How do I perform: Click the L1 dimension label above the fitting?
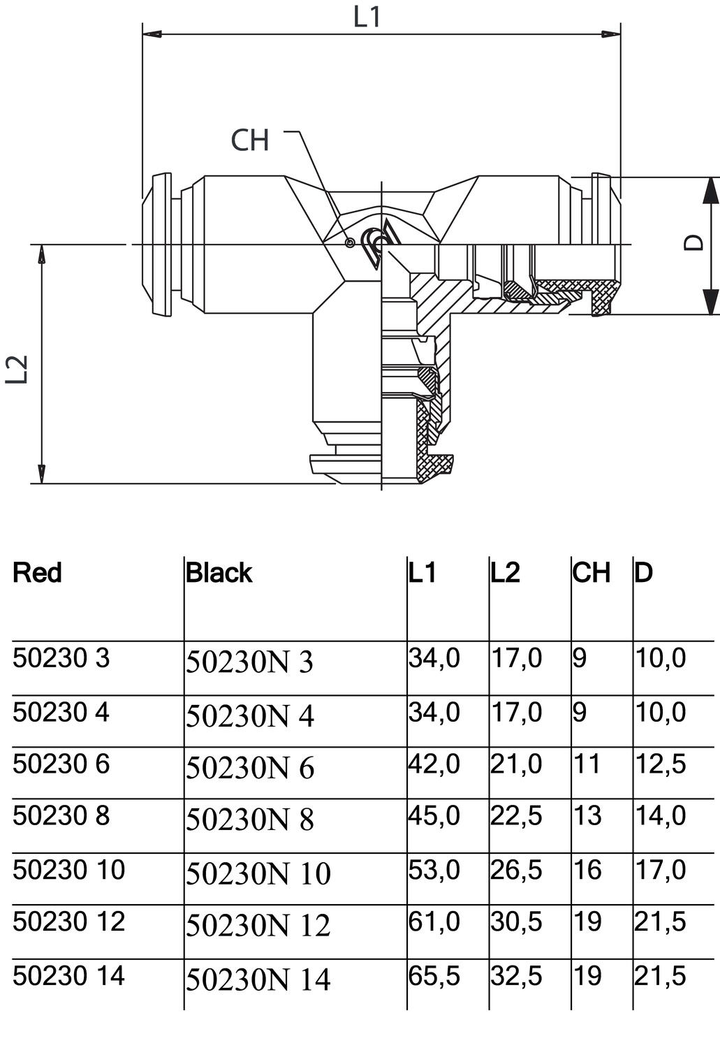[367, 17]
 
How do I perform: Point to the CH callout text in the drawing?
[250, 140]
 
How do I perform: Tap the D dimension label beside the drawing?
[693, 242]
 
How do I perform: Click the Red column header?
[37, 573]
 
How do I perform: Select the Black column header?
[219, 573]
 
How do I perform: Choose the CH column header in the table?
[591, 573]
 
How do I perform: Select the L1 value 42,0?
[434, 764]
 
